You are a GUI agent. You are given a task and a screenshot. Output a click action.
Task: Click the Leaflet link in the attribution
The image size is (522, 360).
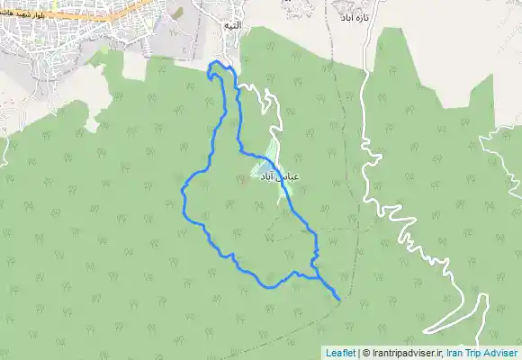click(340, 353)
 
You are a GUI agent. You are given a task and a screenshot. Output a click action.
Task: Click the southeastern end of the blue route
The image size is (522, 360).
click(337, 297)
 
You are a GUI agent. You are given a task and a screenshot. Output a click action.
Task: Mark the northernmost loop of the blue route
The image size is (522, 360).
click(215, 67)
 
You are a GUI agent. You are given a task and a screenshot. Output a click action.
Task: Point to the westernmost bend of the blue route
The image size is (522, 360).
click(183, 192)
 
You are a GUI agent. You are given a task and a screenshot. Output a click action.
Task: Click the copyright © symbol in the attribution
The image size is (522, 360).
click(364, 353)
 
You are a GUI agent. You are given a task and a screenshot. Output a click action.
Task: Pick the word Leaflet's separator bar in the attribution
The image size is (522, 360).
click(357, 353)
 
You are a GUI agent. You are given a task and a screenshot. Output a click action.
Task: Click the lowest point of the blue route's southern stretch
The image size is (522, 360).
click(269, 286)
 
